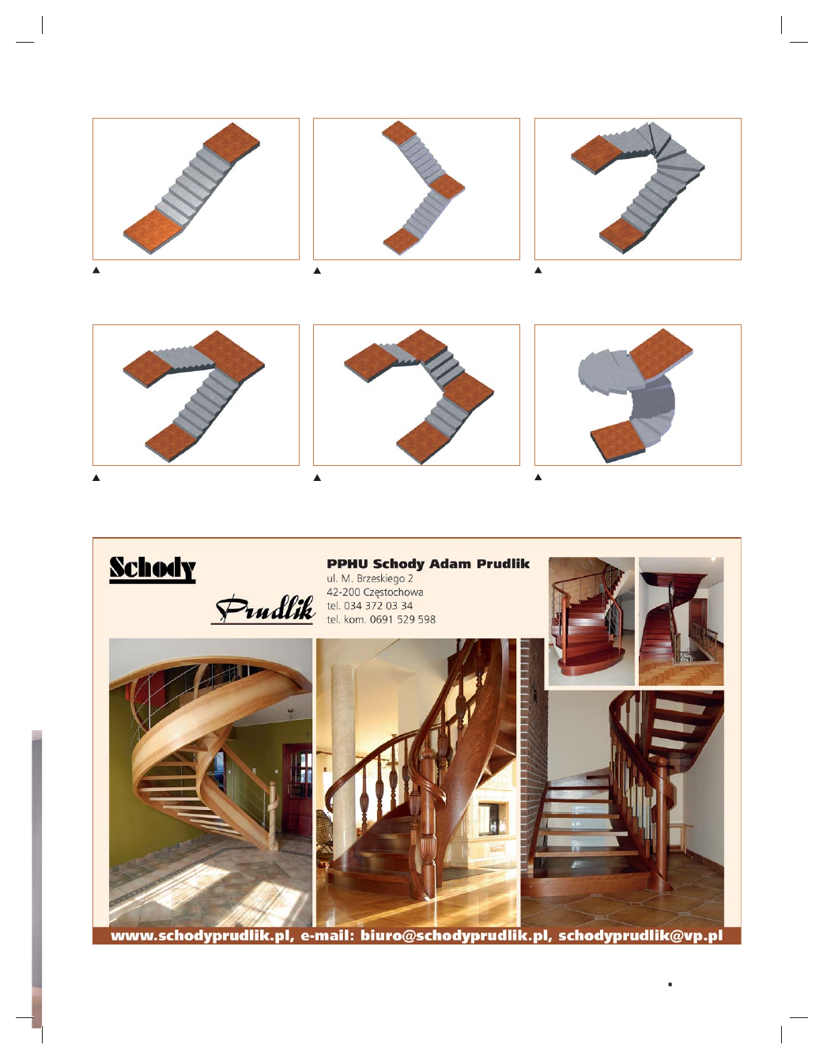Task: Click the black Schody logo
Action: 153,570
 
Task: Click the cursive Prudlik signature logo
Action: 264,610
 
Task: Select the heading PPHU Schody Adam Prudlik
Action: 428,564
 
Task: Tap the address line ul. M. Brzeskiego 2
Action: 370,578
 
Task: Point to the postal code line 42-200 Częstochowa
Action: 375,592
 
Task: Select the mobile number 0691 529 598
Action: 402,619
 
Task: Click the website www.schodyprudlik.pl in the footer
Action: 202,936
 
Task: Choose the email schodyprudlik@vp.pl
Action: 640,936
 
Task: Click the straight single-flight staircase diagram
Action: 196,189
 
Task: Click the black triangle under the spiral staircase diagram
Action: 538,478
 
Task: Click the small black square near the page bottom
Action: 670,984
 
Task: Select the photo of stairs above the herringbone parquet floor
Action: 681,621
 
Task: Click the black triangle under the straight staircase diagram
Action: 96,271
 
